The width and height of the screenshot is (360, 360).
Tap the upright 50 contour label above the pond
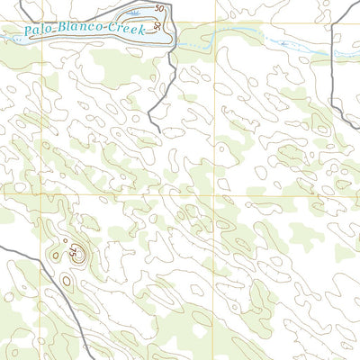click(x=159, y=8)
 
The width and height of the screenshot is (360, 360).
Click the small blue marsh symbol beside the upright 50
click(x=135, y=13)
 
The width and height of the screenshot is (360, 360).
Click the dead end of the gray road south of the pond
click(x=160, y=132)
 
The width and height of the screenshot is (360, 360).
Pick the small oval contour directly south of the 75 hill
click(x=67, y=282)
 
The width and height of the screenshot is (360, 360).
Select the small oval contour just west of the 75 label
click(x=56, y=256)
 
